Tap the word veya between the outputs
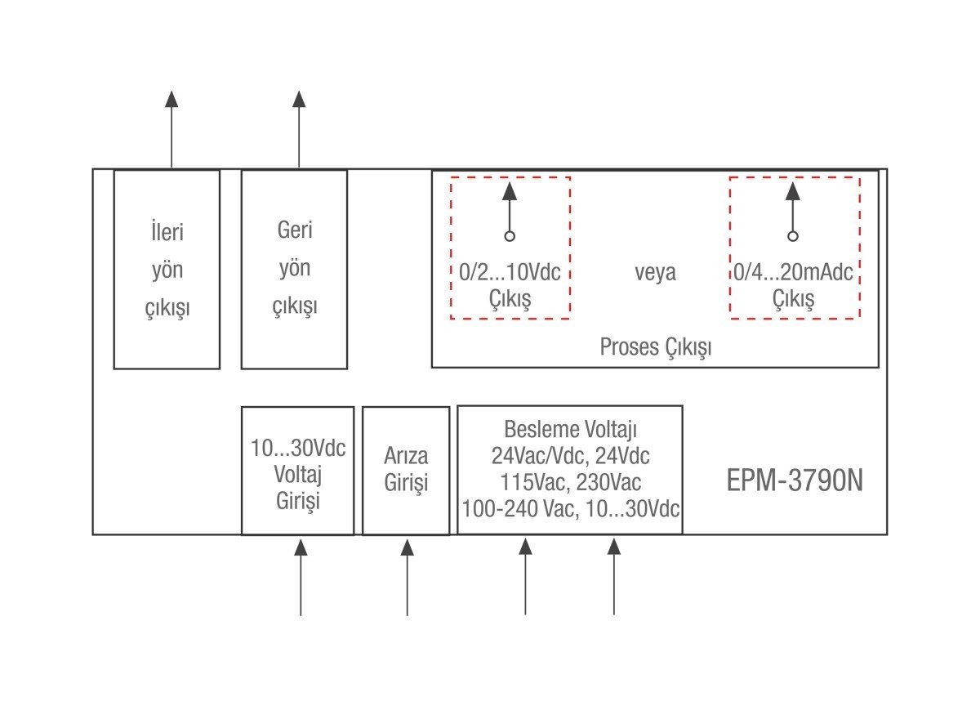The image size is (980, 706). [655, 272]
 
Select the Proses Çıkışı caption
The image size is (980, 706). [655, 347]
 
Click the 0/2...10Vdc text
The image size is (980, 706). [510, 272]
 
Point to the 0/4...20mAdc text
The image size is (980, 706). [793, 272]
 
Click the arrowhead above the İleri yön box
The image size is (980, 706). [171, 99]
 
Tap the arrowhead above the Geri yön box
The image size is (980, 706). [299, 99]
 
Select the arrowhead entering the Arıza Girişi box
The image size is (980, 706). [407, 547]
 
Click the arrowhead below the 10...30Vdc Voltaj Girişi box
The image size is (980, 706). [301, 547]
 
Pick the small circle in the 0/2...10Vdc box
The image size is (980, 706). [510, 236]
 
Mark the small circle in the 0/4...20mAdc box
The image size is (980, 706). [792, 236]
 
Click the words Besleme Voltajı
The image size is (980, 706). [570, 429]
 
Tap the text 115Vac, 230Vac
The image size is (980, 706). [570, 481]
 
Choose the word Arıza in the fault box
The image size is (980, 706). [406, 456]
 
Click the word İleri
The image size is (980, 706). [167, 233]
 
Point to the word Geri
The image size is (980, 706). [295, 230]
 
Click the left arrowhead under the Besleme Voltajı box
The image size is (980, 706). [525, 547]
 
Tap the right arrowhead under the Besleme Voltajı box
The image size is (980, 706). [614, 547]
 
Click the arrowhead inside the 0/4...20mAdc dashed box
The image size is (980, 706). [792, 192]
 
